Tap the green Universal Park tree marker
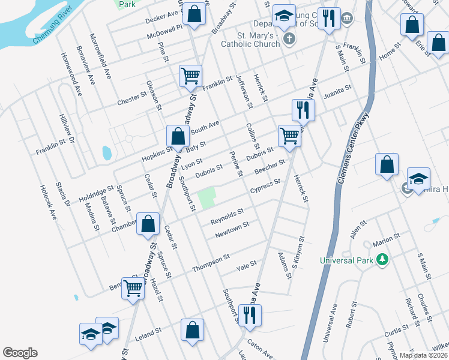pos(381,260)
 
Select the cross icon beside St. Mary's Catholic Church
pos(289,40)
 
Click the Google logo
pos(20,353)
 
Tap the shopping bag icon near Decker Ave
pos(194,15)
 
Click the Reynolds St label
pos(227,217)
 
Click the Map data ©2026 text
pos(424,355)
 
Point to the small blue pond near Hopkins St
pos(107,152)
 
